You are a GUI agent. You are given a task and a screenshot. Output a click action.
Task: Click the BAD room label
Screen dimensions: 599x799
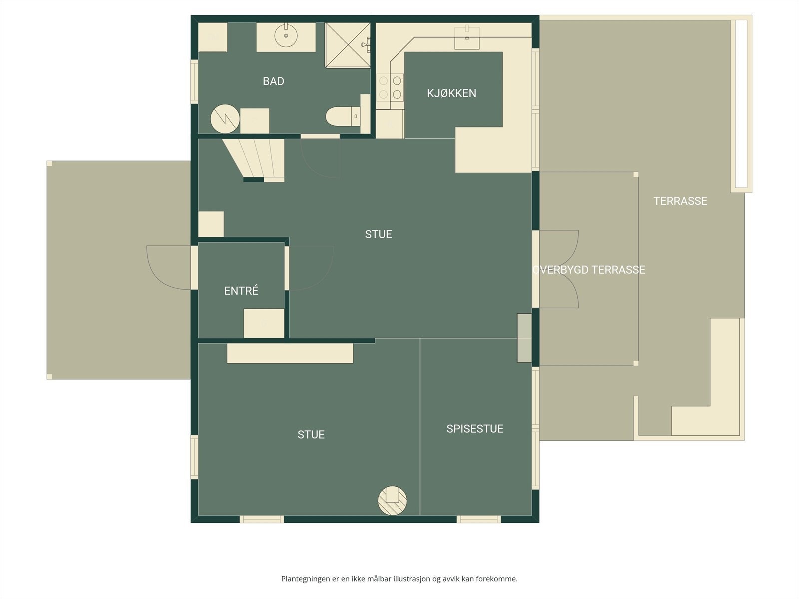point(273,81)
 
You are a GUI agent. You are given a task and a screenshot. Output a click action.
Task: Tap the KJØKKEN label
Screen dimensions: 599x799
point(451,93)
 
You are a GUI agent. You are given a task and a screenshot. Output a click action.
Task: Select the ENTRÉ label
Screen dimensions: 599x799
point(241,291)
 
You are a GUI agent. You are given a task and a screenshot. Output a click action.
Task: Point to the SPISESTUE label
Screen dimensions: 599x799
point(475,429)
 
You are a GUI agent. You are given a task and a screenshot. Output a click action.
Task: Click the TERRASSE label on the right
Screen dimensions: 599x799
point(680,201)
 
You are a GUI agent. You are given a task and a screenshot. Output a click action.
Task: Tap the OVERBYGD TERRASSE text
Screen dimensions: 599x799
point(589,270)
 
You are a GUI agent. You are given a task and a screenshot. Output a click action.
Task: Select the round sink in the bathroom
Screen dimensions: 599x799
point(286,36)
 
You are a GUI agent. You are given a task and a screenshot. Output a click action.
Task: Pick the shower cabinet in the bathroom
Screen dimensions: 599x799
point(348,45)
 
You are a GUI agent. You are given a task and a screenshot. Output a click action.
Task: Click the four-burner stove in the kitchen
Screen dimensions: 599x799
point(390,87)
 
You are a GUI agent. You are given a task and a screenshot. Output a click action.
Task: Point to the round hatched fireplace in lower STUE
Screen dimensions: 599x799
point(392,500)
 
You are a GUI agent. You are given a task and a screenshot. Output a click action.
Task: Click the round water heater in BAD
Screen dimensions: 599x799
point(225,119)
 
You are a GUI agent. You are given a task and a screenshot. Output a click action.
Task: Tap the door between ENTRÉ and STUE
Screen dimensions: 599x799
point(310,267)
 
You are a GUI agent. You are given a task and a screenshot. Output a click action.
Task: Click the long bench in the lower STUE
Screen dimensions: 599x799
point(290,353)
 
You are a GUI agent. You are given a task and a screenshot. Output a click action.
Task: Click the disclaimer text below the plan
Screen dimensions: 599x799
point(399,579)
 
